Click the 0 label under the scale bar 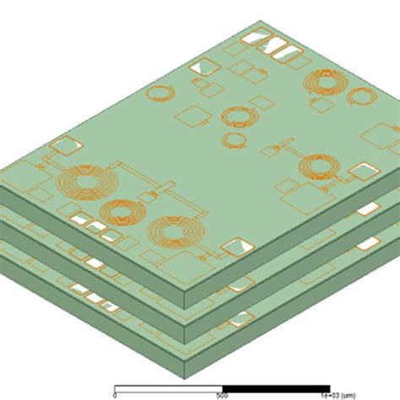[115, 393]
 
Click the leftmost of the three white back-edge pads [251, 38]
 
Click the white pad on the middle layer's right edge [369, 208]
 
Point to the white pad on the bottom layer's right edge [369, 245]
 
